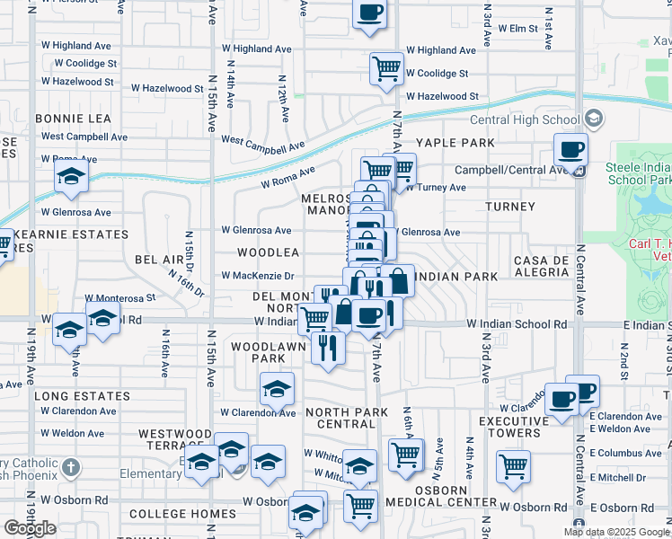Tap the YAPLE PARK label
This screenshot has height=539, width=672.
tap(455, 143)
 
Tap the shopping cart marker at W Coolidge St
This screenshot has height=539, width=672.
tap(386, 67)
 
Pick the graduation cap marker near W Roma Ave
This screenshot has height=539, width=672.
tap(71, 178)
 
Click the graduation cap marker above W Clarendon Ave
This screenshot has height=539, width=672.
tap(277, 390)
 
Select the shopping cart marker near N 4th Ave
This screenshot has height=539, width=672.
tap(513, 466)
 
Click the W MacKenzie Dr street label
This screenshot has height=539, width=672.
tap(258, 276)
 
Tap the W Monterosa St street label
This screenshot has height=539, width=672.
tap(120, 296)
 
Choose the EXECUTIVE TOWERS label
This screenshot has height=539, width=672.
tap(520, 428)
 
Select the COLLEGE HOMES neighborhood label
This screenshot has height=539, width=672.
tap(182, 515)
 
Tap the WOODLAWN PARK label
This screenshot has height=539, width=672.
tap(258, 352)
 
